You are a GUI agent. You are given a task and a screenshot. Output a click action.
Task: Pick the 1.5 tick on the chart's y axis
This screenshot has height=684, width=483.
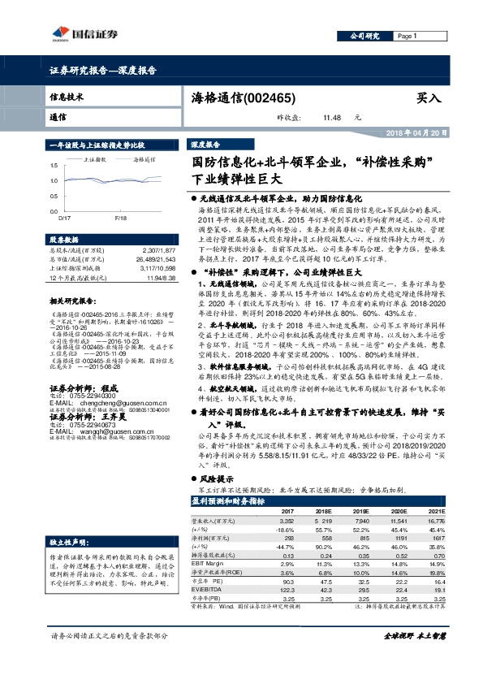point(54,166)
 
